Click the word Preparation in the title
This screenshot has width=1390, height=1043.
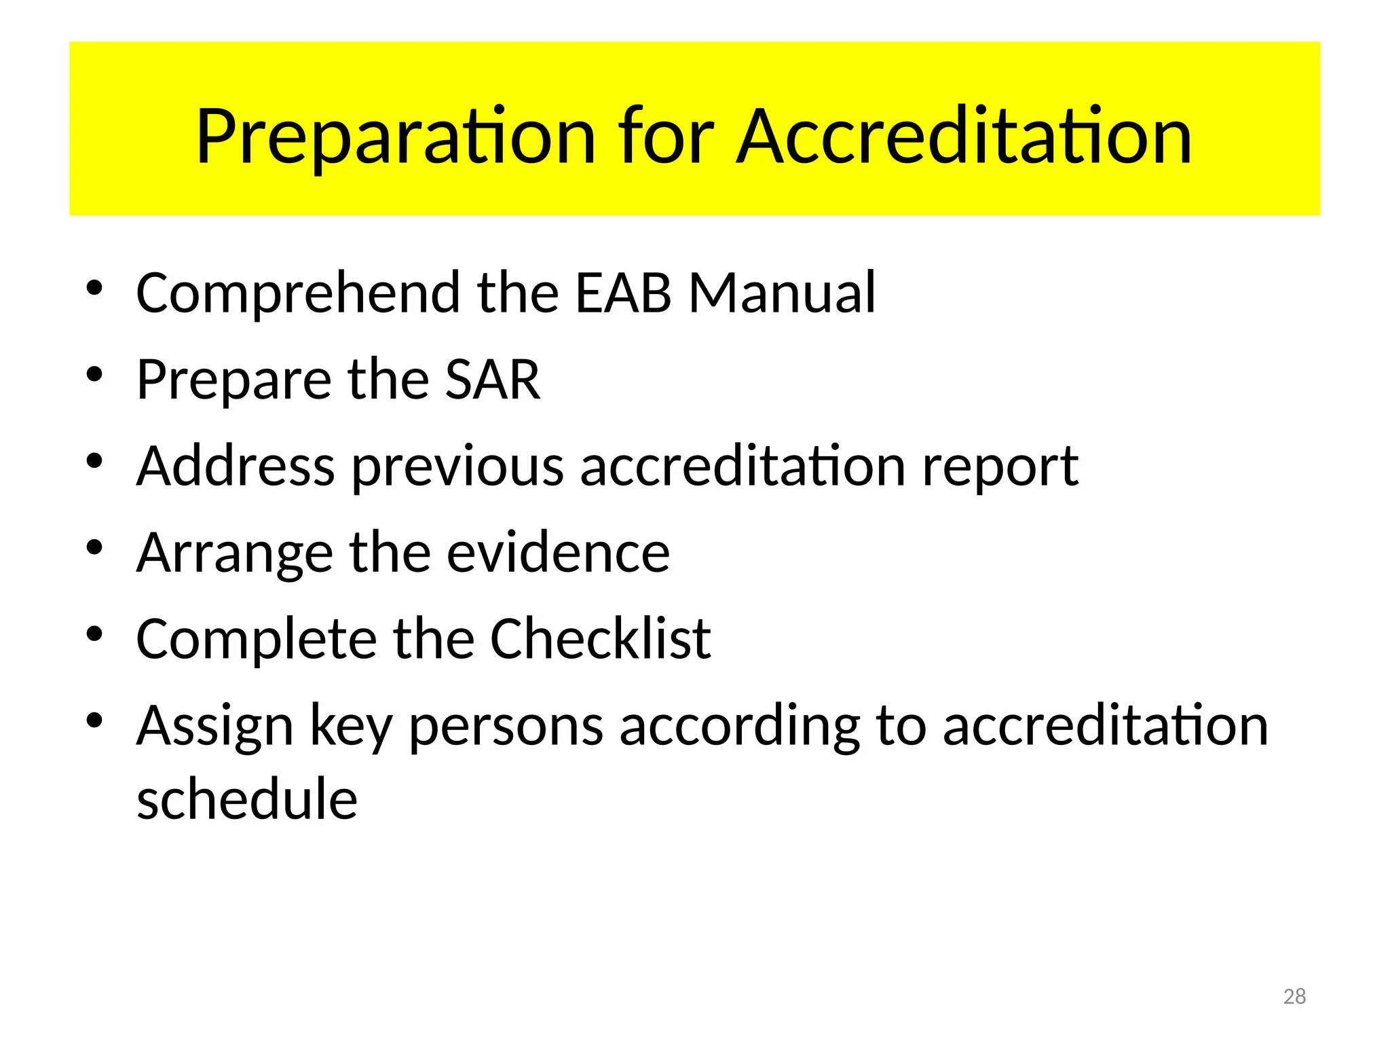pos(396,137)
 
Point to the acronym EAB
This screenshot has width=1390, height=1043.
pos(623,293)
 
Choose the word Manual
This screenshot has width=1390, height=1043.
pos(782,293)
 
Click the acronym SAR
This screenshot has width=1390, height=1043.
pos(493,380)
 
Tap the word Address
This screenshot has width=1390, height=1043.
pos(236,466)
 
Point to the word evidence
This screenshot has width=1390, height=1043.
pos(558,553)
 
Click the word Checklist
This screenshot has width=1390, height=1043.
pos(600,640)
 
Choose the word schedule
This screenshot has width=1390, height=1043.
pos(247,799)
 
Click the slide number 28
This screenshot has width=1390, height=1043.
pos(1294,996)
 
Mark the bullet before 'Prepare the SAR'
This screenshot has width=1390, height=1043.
pos(94,374)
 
